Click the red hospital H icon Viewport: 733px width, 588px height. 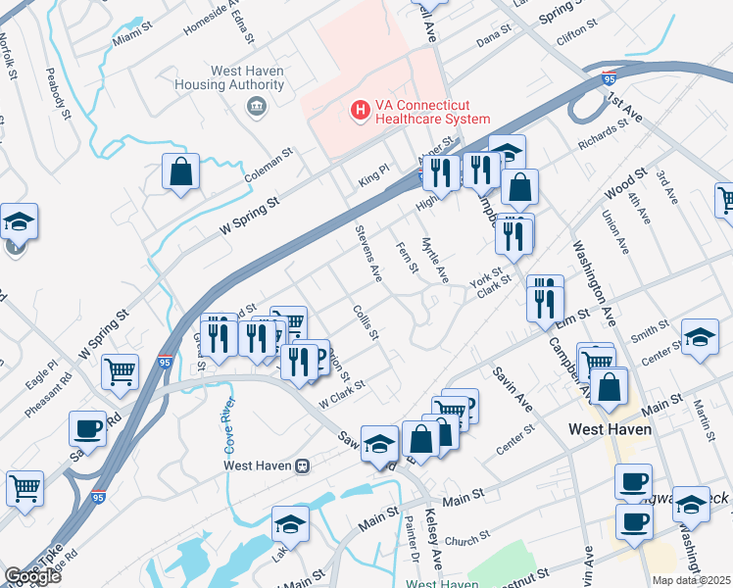pos(361,111)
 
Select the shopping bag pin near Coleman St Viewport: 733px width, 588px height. pos(181,173)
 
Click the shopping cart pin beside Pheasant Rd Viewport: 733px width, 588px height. pos(119,372)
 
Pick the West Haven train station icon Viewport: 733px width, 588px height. pos(304,465)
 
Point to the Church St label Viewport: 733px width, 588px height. pos(466,539)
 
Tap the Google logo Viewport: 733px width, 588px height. pos(32,576)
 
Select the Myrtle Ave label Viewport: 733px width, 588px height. pos(434,261)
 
